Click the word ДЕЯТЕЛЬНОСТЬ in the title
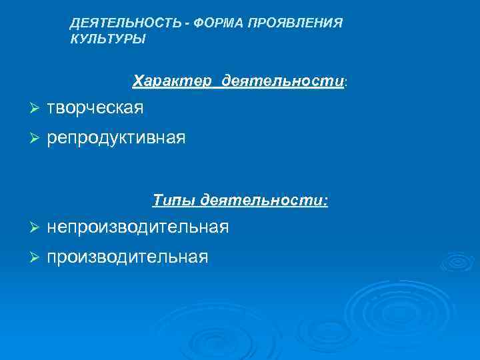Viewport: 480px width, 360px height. [x=125, y=24]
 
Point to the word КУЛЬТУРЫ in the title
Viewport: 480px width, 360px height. [x=107, y=39]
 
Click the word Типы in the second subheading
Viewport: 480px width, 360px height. [x=173, y=200]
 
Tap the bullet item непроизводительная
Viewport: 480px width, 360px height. [x=137, y=227]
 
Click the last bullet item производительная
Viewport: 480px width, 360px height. [x=127, y=257]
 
